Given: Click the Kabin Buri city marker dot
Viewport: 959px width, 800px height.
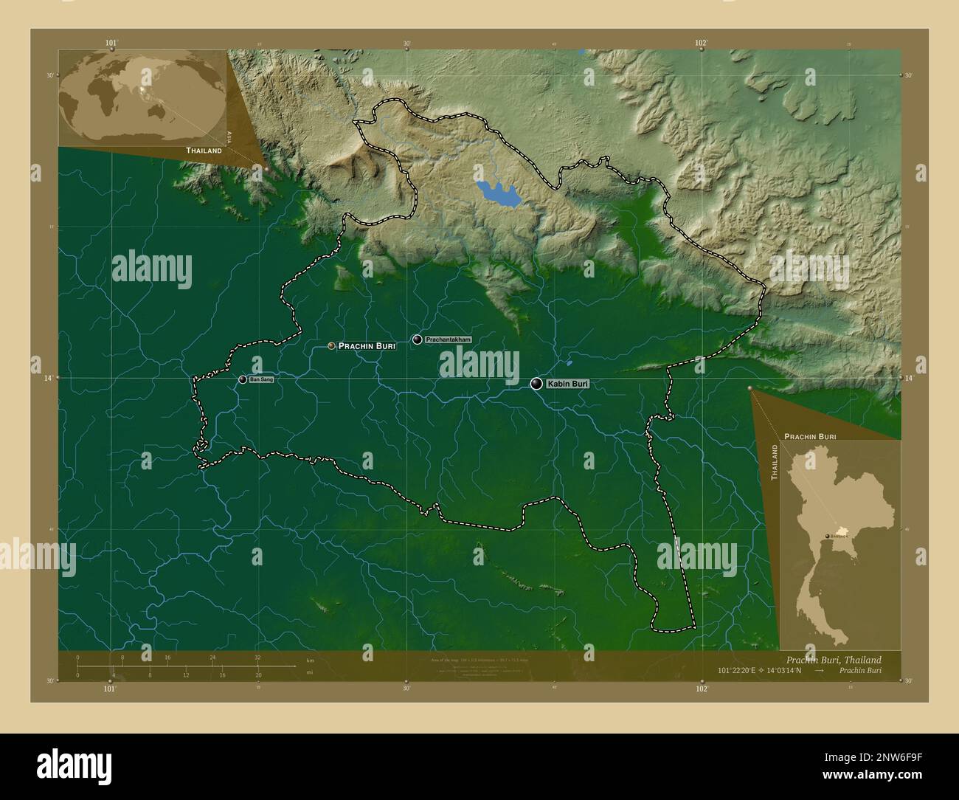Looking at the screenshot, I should (536, 384).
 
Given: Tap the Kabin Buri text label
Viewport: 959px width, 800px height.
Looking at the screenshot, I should (567, 384).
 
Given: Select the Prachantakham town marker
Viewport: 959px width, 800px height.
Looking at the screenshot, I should (418, 339).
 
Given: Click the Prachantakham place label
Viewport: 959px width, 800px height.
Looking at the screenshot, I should (448, 339).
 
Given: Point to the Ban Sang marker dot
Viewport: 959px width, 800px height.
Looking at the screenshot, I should (243, 379).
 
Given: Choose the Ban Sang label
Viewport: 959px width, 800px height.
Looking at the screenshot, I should (262, 379).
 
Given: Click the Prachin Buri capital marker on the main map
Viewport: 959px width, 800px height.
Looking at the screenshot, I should (332, 345).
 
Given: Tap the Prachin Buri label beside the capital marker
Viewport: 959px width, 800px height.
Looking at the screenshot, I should (367, 345).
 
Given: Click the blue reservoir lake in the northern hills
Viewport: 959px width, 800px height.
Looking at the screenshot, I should (496, 193).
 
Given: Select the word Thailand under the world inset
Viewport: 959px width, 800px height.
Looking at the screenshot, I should (204, 151).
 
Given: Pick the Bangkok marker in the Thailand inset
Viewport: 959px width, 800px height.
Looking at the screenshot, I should (827, 536).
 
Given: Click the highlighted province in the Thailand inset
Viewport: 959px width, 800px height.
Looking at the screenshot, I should (838, 533).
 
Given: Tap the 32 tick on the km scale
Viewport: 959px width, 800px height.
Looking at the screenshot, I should (257, 657).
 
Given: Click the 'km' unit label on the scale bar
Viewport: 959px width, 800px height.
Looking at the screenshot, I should (310, 660).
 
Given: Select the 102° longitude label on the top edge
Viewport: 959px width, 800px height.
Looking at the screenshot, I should (701, 43).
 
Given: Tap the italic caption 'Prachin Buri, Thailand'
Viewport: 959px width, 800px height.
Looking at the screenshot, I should (833, 660).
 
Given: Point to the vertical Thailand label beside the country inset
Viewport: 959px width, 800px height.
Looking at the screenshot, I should (775, 463).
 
